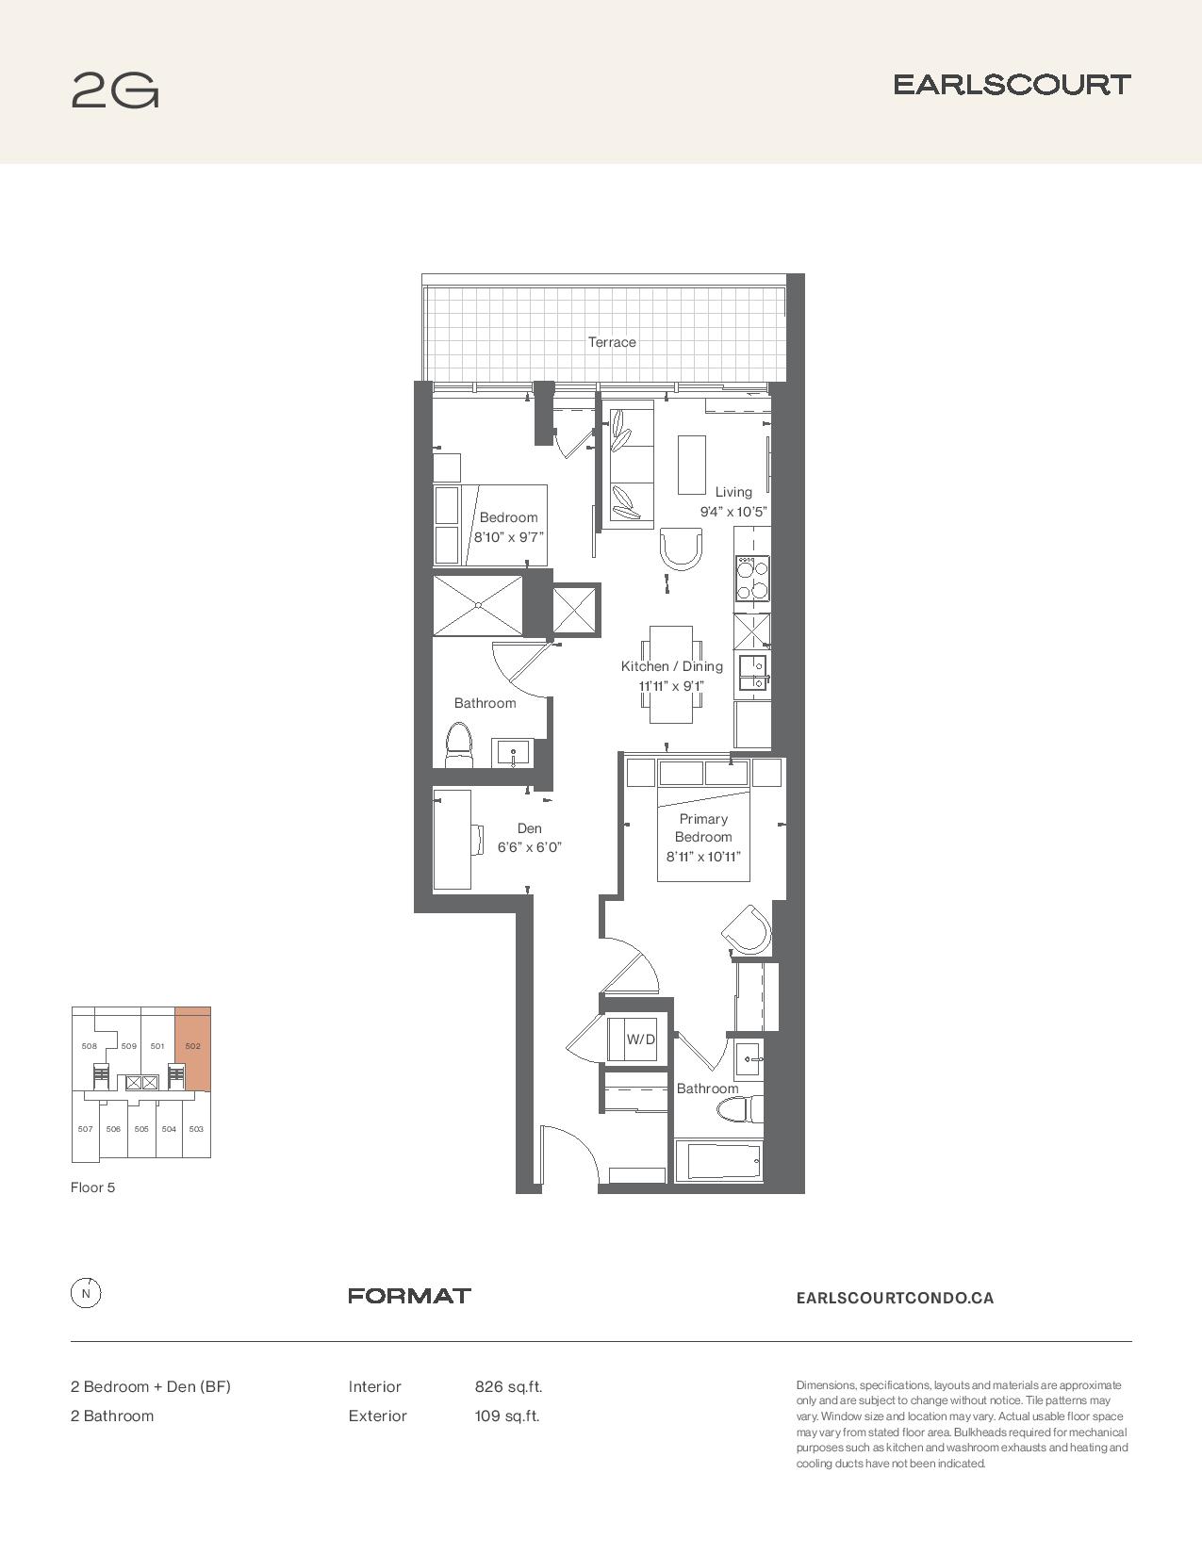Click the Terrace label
(x=612, y=342)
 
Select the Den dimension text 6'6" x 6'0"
(x=529, y=847)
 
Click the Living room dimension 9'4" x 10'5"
(x=733, y=512)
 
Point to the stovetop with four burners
(x=751, y=579)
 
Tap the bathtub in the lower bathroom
(x=718, y=1160)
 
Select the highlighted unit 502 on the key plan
(x=192, y=1049)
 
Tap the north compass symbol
(x=86, y=1293)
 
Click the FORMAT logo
(x=409, y=1296)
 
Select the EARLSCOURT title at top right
(x=1012, y=85)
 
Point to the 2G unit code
(x=115, y=90)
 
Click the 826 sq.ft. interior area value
(x=508, y=1387)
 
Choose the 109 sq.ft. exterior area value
(x=507, y=1416)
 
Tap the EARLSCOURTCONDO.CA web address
(x=895, y=1298)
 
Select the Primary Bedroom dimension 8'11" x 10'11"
(x=703, y=857)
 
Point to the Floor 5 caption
(x=92, y=1187)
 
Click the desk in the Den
(x=453, y=840)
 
